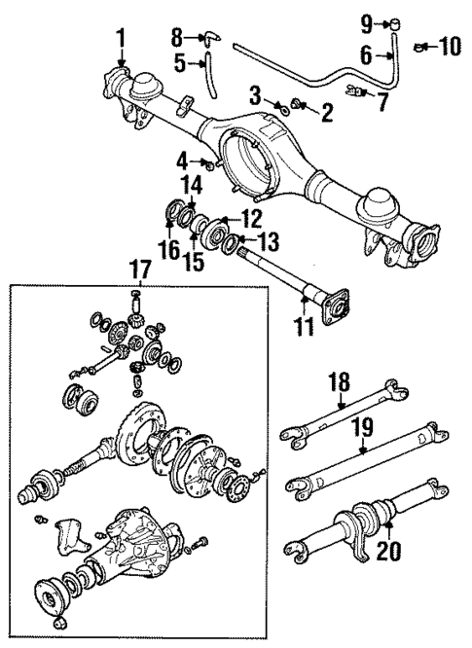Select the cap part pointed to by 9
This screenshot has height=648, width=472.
(398, 23)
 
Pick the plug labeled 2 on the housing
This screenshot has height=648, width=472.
(299, 104)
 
